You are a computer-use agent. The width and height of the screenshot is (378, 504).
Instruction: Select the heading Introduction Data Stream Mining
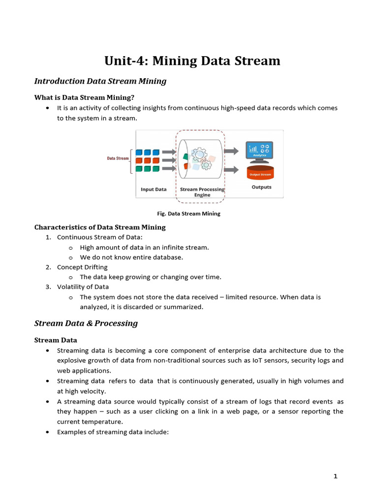[x=100, y=81]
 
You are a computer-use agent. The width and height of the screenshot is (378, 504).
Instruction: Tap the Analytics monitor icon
[x=259, y=151]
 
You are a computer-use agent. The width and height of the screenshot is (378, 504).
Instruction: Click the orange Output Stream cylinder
[x=259, y=173]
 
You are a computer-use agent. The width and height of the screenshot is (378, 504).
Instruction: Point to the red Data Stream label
[x=118, y=158]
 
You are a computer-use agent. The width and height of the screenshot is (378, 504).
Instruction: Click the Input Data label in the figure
[x=154, y=189]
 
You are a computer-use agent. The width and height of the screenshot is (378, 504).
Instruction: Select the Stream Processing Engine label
[x=202, y=192]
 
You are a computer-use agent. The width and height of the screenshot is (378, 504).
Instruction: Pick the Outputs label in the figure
[x=261, y=187]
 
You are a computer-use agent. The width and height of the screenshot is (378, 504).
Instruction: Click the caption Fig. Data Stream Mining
[x=188, y=214]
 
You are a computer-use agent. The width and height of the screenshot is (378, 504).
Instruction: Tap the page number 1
[x=335, y=476]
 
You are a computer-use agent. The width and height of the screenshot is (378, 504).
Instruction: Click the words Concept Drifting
[x=82, y=267]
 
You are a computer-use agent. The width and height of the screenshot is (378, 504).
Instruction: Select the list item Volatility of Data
[x=83, y=287]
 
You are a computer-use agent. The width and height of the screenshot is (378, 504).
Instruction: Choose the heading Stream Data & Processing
[x=86, y=323]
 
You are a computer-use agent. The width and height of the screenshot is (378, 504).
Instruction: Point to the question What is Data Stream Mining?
[x=84, y=97]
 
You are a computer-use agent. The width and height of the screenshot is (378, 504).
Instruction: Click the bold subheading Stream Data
[x=56, y=340]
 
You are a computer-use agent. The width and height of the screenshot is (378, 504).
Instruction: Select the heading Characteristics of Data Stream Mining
[x=100, y=227]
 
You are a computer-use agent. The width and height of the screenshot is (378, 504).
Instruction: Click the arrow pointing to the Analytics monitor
[x=231, y=151]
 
